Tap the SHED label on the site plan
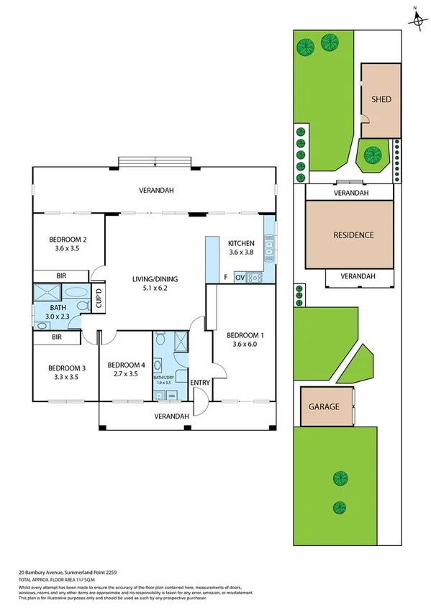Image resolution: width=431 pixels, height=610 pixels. coord(381,100)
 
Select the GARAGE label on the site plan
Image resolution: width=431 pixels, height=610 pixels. coord(324,406)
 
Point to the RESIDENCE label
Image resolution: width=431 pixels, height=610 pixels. coord(353,235)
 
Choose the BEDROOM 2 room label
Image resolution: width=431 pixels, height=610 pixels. coord(68,240)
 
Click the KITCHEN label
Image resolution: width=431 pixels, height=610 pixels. coord(241,243)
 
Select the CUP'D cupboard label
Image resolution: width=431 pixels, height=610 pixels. coord(99,299)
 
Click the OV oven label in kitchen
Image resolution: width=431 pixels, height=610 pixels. coord(240,277)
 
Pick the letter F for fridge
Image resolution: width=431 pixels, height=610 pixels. coord(225,277)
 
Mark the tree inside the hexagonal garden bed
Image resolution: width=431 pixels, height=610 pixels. coord(372,154)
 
